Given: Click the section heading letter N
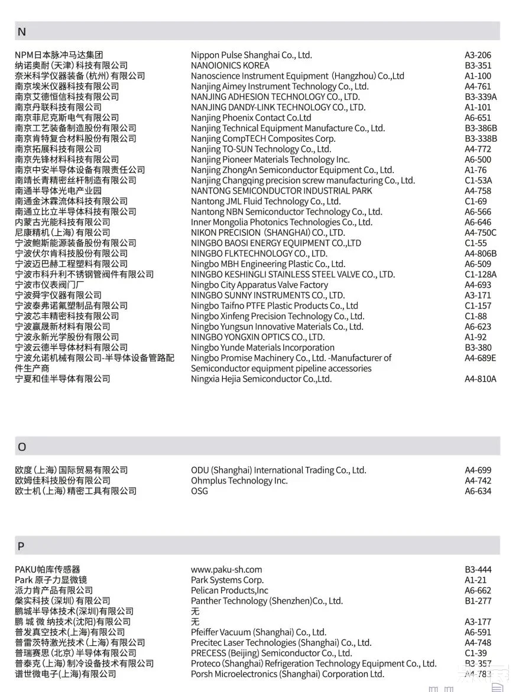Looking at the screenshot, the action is pos(22,32).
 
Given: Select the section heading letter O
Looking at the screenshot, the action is pos(22,447).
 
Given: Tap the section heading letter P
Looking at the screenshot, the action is pos(21,546).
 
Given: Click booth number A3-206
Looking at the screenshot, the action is pos(478,56).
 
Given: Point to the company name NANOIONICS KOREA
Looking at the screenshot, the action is pos(230,66).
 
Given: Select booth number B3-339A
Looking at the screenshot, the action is pos(481,97).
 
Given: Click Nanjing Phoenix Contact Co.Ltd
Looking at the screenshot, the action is pos(251,118).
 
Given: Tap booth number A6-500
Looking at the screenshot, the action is pos(478,160).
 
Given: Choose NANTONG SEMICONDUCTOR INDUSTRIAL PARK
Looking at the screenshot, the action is pos(281,191).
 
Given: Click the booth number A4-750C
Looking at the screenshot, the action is pos(481,233).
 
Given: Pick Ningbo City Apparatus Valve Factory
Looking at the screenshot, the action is pos(259,285).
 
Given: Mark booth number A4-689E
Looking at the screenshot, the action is pos(480,358).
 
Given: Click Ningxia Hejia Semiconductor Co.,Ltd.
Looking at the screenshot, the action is pos(261,379).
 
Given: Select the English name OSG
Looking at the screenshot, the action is pos(199,491).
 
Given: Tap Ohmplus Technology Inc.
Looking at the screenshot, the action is pos(239,481).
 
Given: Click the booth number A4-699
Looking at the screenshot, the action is pos(478,470).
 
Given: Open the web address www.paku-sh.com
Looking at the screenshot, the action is pos(226,570).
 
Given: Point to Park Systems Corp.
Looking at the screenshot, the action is pos(227,580).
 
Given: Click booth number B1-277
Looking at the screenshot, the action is pos(478,601).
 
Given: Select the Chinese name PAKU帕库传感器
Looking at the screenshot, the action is pos(47,570).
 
